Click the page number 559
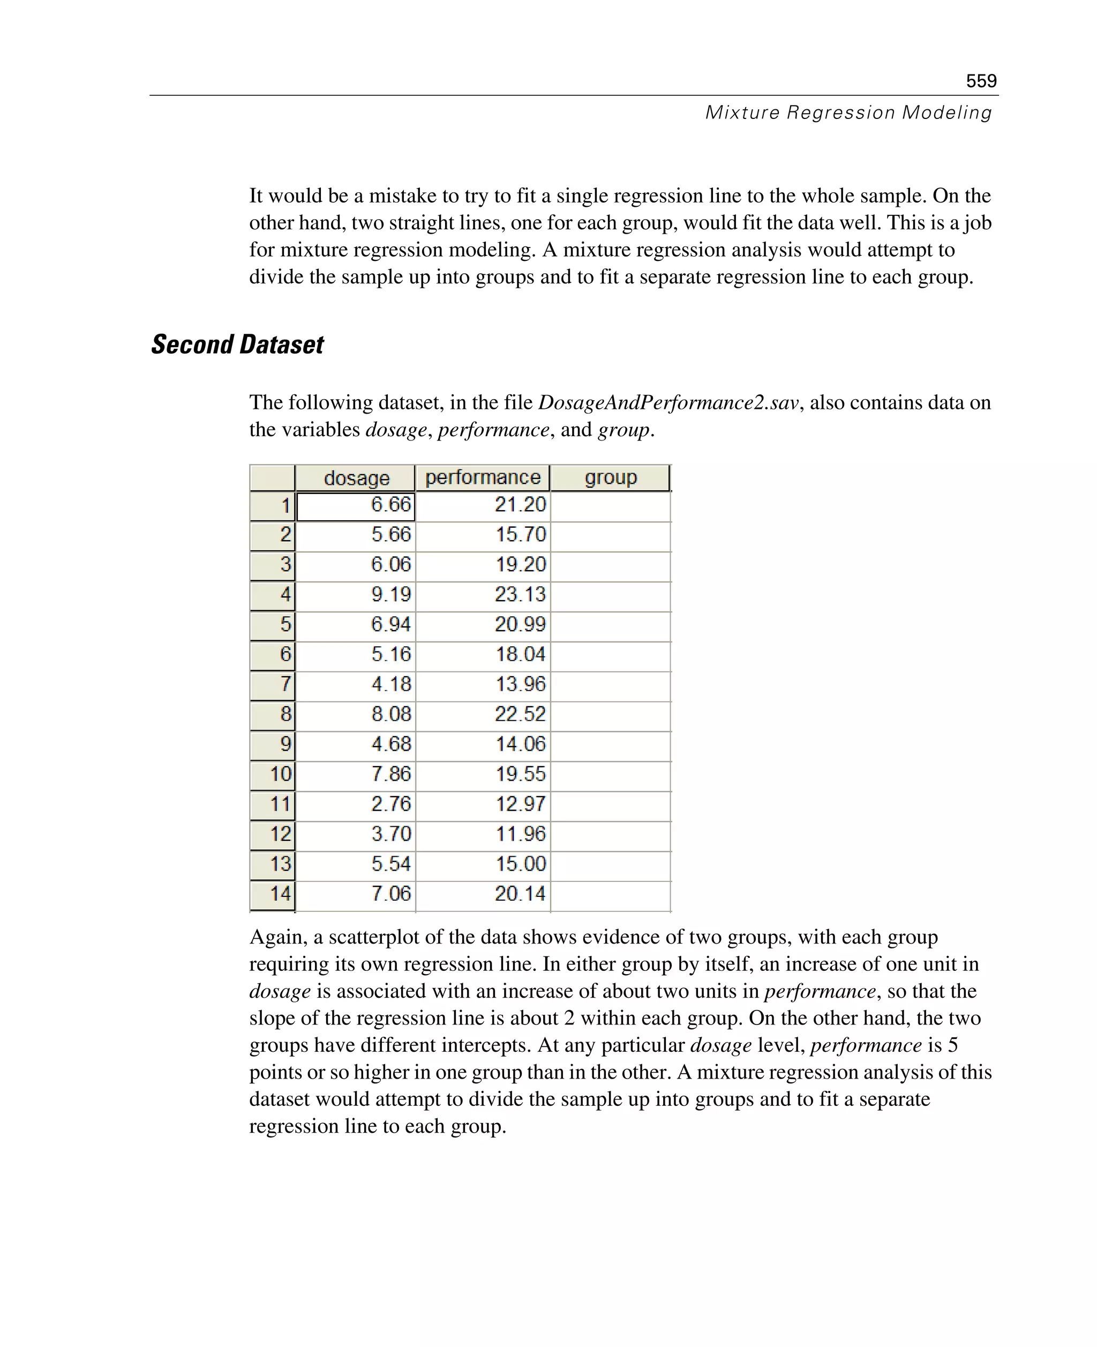[981, 81]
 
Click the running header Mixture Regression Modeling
[848, 113]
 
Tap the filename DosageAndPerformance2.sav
[668, 402]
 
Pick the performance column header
[483, 477]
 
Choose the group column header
[611, 477]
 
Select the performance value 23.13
[520, 594]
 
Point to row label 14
[280, 894]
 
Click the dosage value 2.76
[390, 804]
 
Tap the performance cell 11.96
[520, 834]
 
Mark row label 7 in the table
[285, 684]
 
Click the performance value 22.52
[520, 714]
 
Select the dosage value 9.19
[390, 594]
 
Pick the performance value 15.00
[520, 864]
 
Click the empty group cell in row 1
[611, 506]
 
